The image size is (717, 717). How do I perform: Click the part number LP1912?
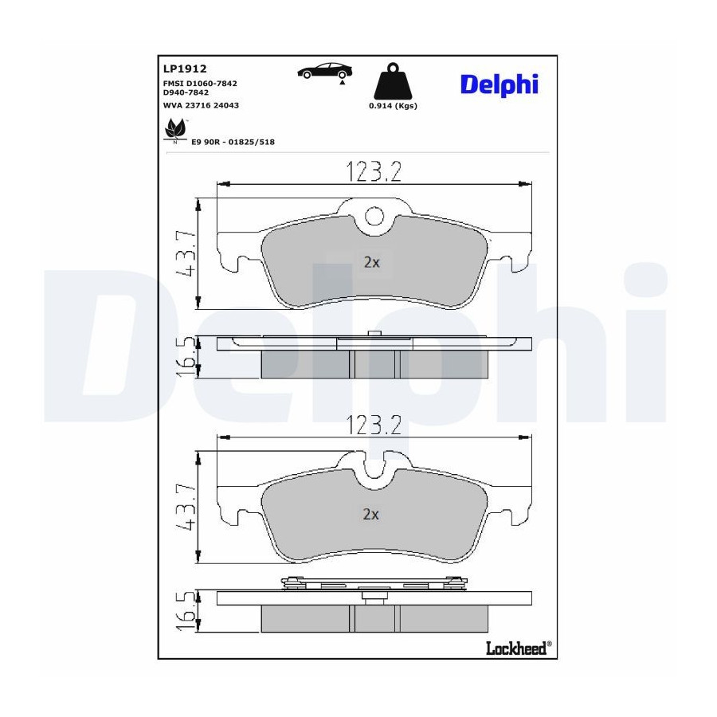click(185, 69)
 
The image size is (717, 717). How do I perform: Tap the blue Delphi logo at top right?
click(500, 85)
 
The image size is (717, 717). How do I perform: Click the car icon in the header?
click(325, 72)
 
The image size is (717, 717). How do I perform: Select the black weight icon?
click(393, 81)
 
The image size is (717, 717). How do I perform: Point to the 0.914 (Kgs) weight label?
click(393, 106)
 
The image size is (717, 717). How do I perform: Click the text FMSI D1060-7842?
click(200, 83)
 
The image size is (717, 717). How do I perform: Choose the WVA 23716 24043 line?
click(202, 105)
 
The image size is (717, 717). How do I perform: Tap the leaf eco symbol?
click(175, 131)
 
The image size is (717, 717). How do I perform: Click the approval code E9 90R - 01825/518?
click(233, 142)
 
